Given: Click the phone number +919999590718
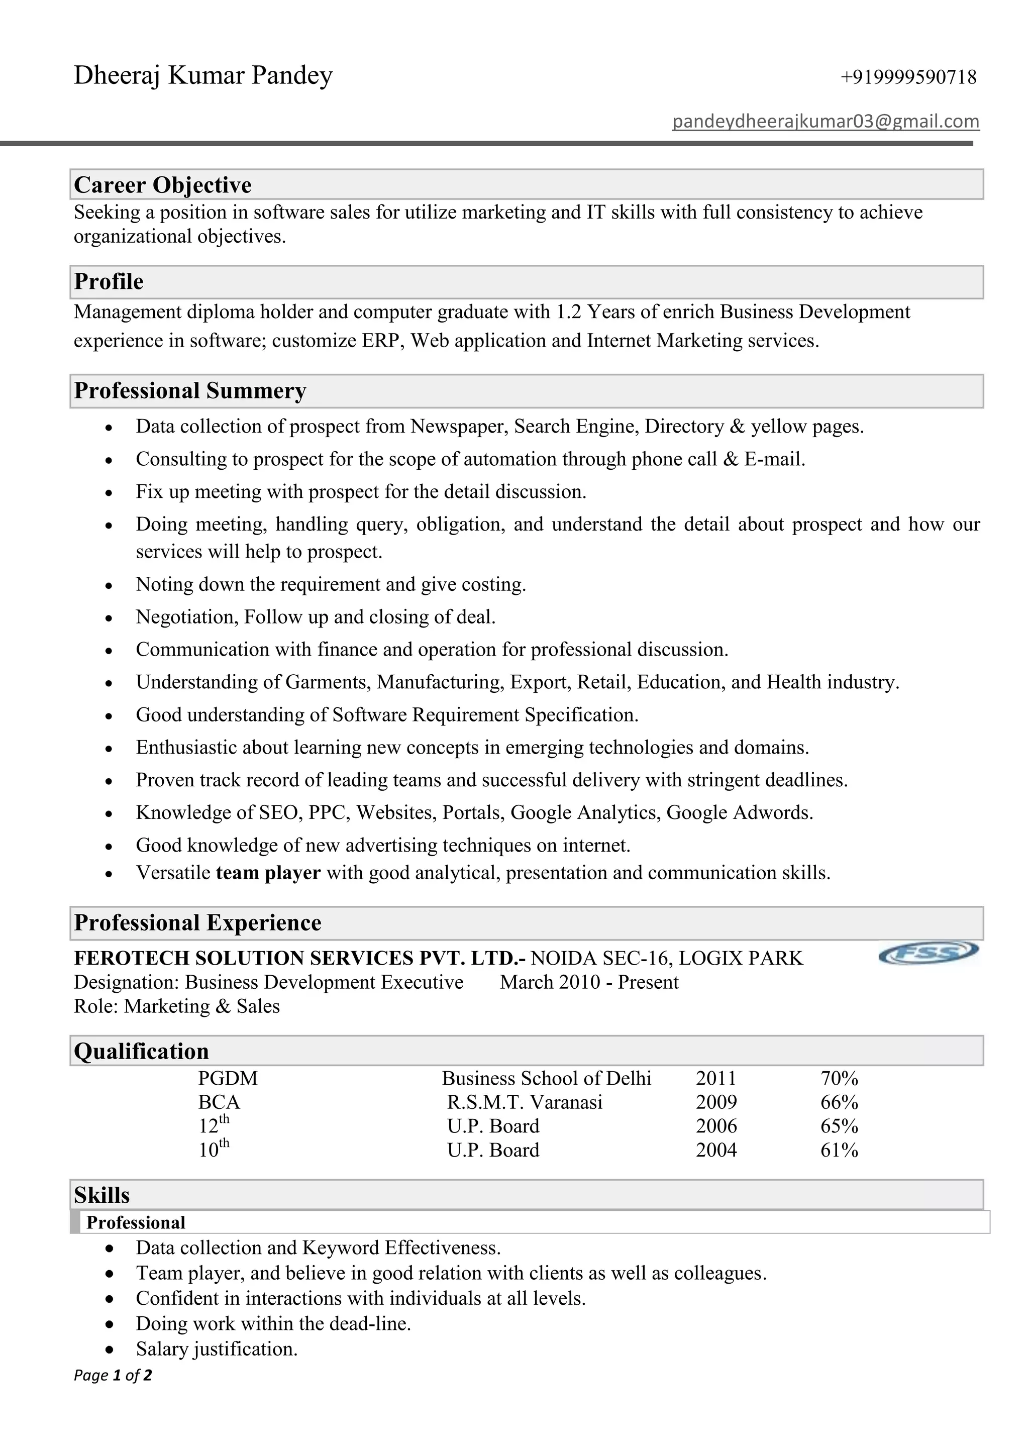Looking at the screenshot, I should tap(908, 77).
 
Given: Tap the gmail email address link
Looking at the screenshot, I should tap(826, 121).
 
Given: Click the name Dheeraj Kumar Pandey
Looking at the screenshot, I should tap(203, 75).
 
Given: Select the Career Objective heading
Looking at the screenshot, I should tap(163, 185).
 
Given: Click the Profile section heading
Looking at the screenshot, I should tap(109, 281).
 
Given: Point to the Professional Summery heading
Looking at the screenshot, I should tap(190, 390).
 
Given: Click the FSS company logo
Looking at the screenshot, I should tap(928, 952).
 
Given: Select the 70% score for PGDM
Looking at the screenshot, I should tap(839, 1078).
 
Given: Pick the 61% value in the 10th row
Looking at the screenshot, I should tap(839, 1150).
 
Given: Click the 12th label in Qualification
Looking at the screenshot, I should tap(214, 1125).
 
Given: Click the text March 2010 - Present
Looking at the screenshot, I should tap(589, 982).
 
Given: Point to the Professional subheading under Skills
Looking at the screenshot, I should tap(136, 1222).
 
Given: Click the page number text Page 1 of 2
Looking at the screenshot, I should tap(113, 1375).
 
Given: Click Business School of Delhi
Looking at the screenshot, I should tap(546, 1078).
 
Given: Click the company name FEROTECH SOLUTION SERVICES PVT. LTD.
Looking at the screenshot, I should tap(299, 958).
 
